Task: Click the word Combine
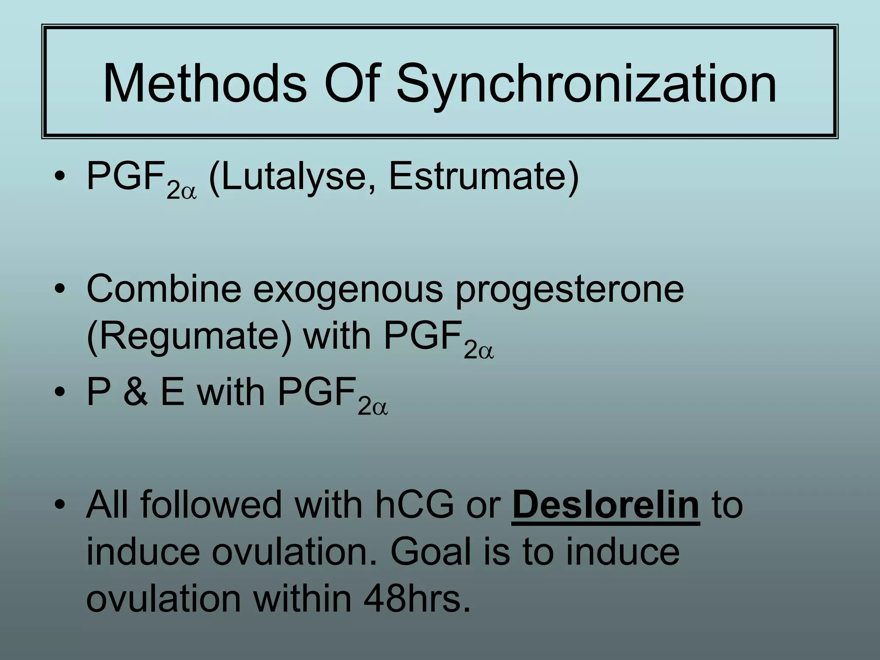click(163, 289)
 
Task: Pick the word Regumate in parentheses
click(189, 337)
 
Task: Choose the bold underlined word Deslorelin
click(606, 505)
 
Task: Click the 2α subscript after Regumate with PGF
click(479, 352)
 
